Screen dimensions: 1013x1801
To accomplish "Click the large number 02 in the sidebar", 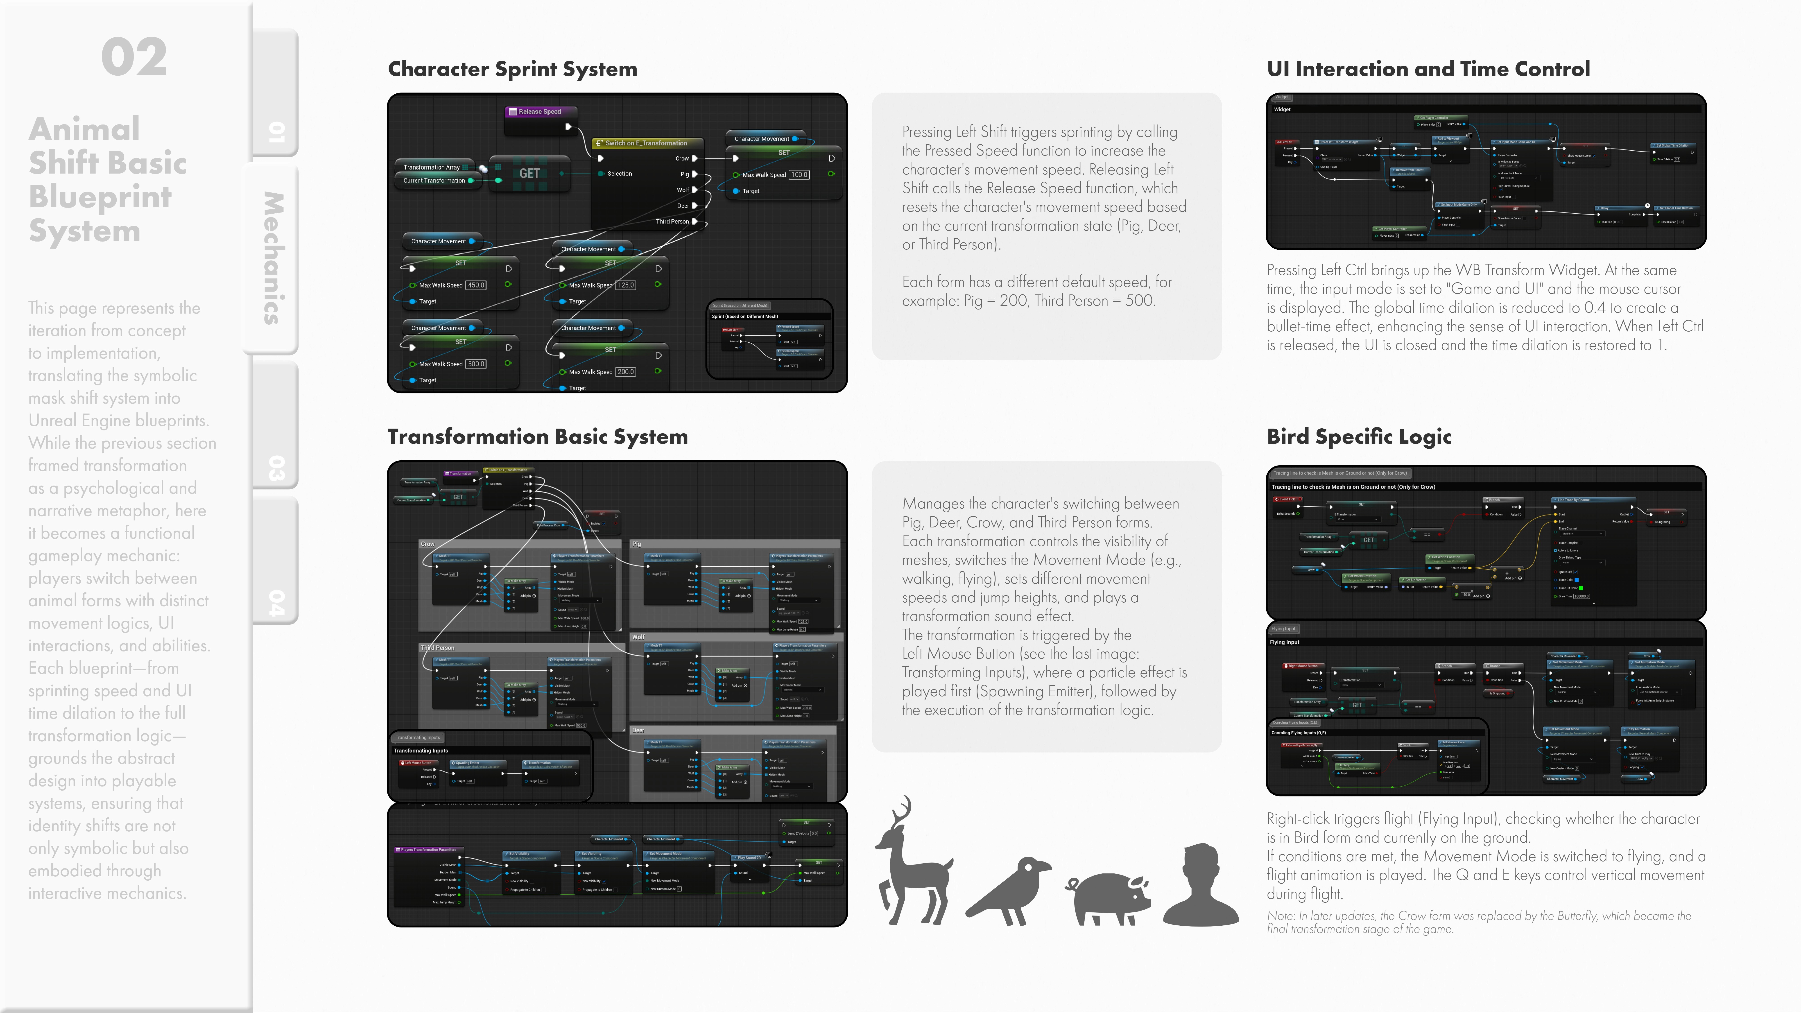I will (x=134, y=57).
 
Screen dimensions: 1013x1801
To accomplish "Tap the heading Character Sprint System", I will (x=512, y=69).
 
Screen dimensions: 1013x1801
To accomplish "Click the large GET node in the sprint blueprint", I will (x=529, y=173).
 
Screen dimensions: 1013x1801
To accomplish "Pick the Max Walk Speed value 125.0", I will (x=626, y=285).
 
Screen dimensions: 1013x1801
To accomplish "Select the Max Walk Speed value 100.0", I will (x=799, y=175).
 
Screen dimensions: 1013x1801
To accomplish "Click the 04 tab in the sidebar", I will (x=276, y=603).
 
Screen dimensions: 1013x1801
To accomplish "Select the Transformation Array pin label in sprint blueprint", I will (x=431, y=167).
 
